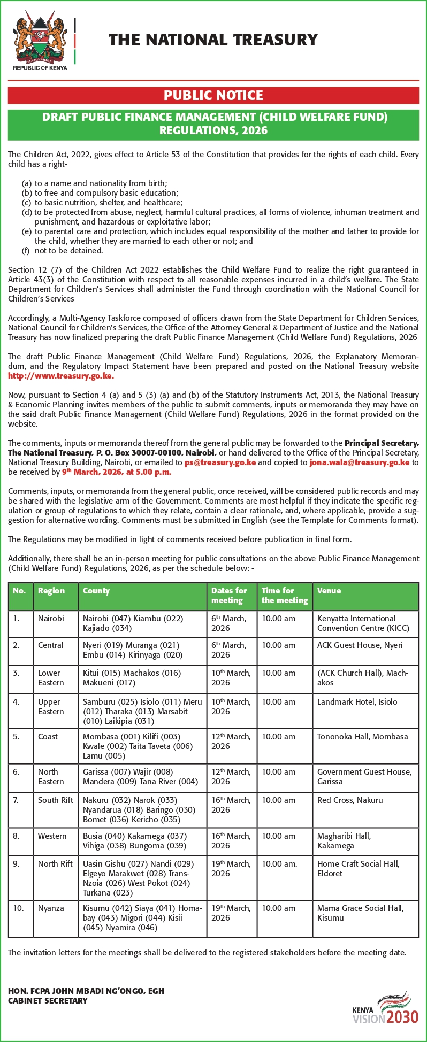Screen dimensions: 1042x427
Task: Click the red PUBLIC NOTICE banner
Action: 213,96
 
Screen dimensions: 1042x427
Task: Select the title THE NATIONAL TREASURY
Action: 213,40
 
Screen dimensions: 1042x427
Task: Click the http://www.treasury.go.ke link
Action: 60,376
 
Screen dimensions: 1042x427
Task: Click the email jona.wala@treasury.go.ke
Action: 359,462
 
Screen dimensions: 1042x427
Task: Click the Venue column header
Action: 329,591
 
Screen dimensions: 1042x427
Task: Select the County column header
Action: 96,591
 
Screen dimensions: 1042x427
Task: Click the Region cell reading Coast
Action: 48,737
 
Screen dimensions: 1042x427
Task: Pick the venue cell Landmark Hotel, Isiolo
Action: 357,702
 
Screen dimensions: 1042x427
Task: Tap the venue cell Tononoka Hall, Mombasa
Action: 362,737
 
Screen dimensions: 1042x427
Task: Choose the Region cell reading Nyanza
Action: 51,908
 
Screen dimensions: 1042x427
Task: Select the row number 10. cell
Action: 19,908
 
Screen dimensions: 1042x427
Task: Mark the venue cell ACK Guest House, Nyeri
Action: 360,645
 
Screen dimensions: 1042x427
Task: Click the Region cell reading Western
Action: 52,836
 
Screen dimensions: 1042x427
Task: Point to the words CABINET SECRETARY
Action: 48,1001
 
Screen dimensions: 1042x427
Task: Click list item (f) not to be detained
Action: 63,251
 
